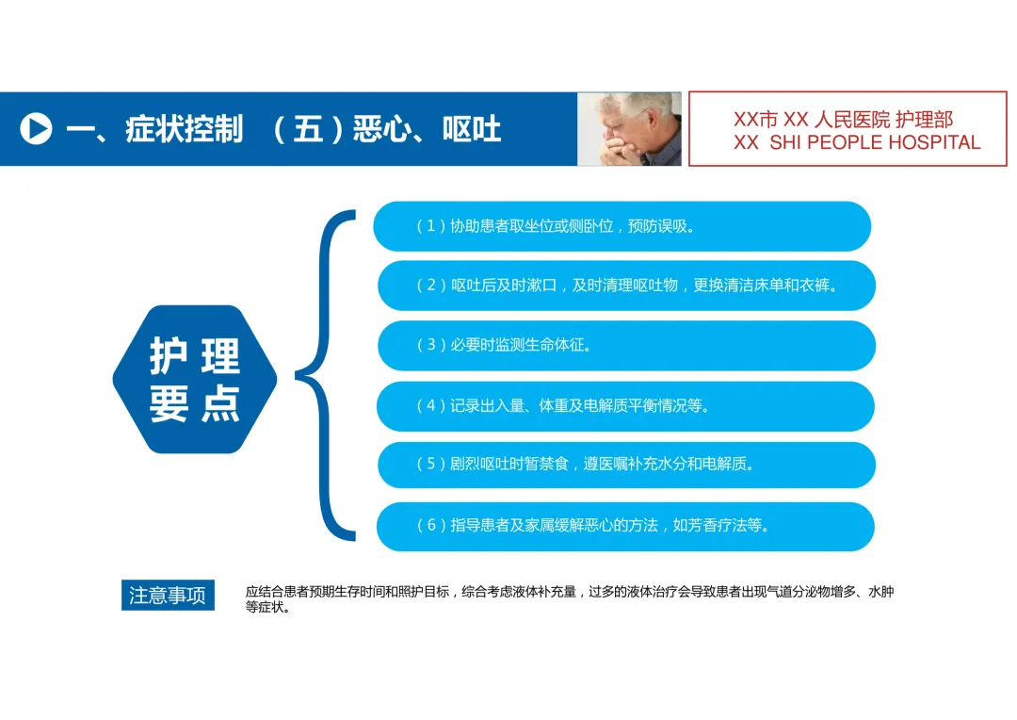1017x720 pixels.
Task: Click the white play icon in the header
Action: point(36,129)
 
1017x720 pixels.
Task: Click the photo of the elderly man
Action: point(629,129)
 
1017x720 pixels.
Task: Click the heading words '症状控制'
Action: point(185,129)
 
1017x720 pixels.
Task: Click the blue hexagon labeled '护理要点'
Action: point(195,379)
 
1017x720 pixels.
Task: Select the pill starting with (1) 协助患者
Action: point(621,226)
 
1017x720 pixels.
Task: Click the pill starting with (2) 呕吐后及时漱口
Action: point(626,286)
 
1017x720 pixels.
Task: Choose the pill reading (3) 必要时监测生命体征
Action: point(626,345)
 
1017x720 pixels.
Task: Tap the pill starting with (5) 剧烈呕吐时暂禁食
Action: point(626,465)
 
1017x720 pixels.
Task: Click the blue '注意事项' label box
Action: point(168,596)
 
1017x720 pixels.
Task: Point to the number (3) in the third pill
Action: point(431,345)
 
